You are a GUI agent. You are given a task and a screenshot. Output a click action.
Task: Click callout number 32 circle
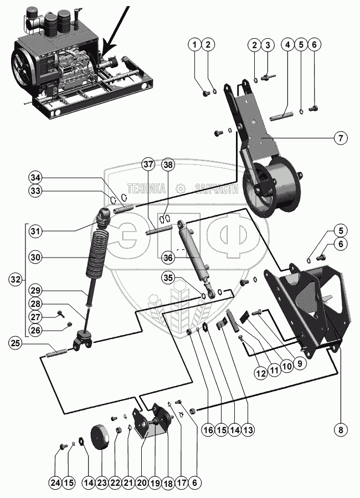click(x=16, y=280)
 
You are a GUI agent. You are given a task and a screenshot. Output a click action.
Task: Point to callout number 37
click(x=148, y=165)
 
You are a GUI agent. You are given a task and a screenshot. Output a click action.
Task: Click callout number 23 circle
click(x=102, y=483)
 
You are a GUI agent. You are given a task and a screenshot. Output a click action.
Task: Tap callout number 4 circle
click(x=289, y=45)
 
